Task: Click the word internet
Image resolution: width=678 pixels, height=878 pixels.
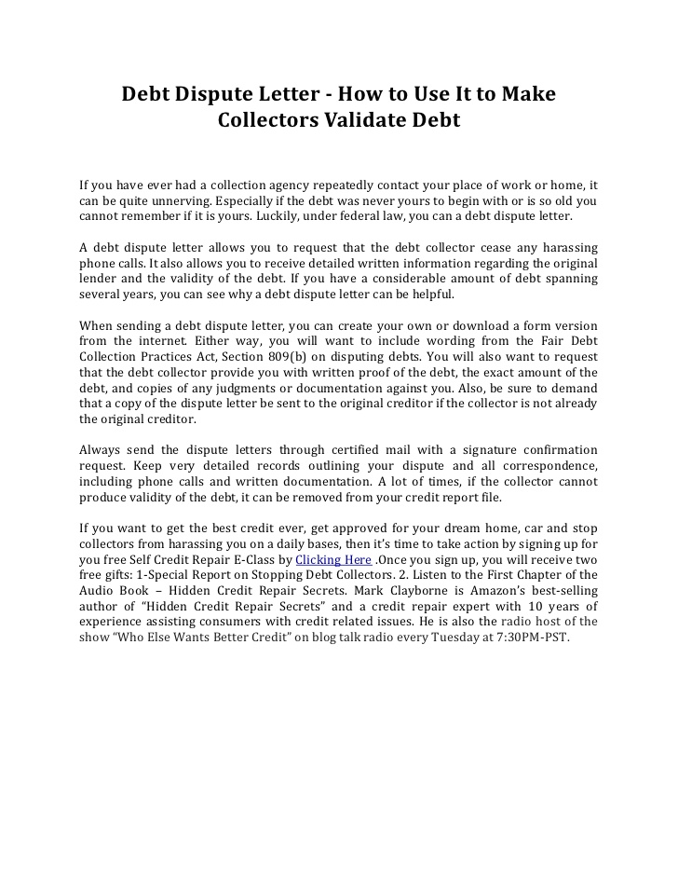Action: pos(163,341)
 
